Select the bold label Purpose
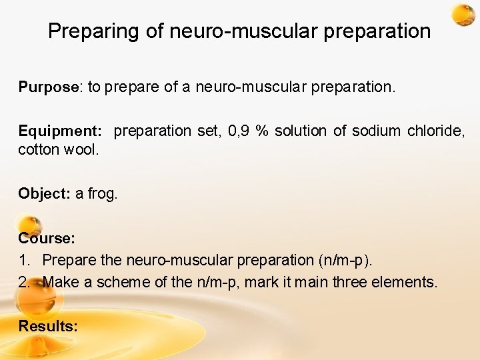[49, 87]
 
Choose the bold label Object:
[44, 194]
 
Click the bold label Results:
[48, 326]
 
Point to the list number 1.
[23, 260]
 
